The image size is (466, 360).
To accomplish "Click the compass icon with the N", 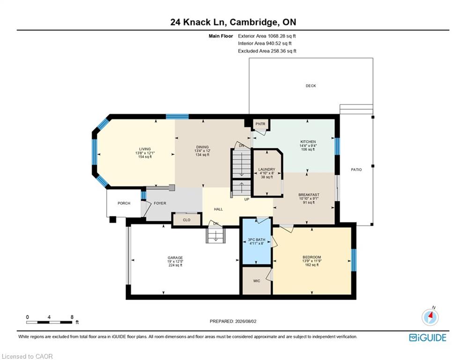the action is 430,316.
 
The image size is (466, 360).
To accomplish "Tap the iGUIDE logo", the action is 428,337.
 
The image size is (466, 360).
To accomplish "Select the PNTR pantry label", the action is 260,124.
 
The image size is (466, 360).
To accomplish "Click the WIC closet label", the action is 257,281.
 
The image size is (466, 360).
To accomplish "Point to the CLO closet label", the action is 187,220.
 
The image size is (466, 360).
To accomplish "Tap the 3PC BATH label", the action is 257,240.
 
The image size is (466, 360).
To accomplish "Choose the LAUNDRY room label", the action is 267,169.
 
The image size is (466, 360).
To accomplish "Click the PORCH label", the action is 124,203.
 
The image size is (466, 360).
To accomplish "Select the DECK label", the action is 311,86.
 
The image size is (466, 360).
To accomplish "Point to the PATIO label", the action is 356,170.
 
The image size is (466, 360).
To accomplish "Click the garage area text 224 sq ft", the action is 175,265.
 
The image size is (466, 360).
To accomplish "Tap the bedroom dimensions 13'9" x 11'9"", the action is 312,261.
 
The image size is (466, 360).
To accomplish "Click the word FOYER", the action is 160,203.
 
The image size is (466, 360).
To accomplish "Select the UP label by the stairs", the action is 247,199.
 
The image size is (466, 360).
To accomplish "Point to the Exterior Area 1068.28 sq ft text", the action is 267,36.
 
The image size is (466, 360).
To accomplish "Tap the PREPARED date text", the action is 233,321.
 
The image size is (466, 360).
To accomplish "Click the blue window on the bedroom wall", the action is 354,260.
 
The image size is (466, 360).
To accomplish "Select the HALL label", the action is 218,209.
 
